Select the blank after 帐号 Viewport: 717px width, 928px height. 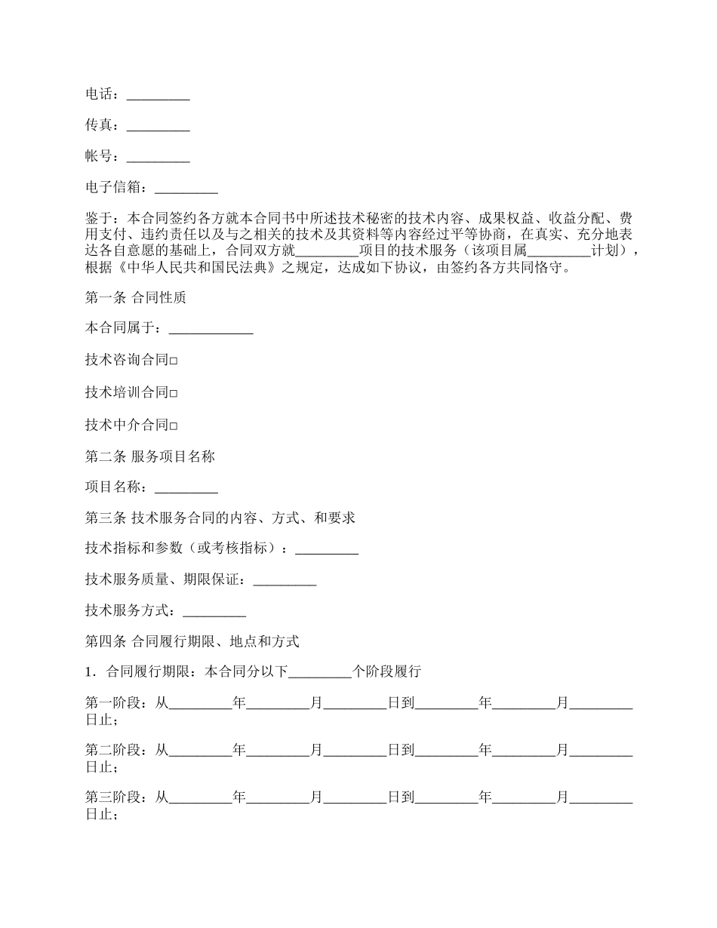click(x=158, y=158)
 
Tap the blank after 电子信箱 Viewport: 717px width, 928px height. click(x=186, y=189)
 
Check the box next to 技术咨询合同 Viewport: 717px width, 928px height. click(x=174, y=361)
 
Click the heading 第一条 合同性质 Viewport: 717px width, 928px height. click(x=136, y=298)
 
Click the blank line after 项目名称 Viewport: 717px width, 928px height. click(x=186, y=488)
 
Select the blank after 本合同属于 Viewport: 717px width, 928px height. click(x=211, y=330)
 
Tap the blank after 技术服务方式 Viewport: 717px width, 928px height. click(x=214, y=612)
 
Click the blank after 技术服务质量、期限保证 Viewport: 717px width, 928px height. click(x=285, y=581)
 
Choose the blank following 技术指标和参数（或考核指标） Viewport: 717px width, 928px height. click(x=327, y=550)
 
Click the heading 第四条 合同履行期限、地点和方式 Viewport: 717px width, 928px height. click(x=192, y=642)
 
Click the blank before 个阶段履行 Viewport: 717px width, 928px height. click(x=320, y=673)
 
